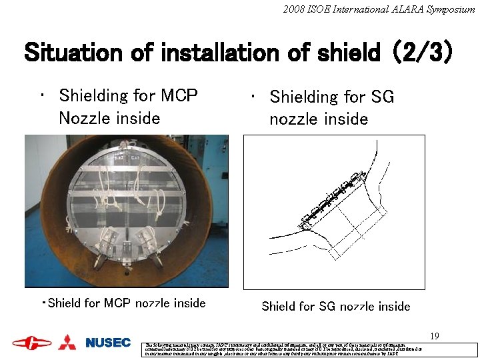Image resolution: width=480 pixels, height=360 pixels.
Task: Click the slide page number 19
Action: (435, 336)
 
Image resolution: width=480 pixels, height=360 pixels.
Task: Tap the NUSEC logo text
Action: (108, 343)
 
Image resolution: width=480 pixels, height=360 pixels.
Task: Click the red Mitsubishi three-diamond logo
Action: (67, 343)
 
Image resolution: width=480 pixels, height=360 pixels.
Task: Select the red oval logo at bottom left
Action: (31, 343)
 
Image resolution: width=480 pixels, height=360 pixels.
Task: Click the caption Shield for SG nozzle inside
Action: (335, 307)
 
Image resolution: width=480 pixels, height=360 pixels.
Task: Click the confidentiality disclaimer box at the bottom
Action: (311, 350)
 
